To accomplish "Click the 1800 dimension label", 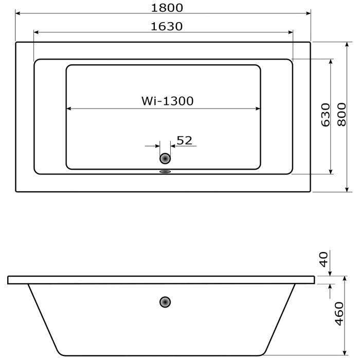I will (x=167, y=7).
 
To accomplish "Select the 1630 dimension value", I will (x=167, y=26).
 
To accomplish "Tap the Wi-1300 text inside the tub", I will (x=168, y=101).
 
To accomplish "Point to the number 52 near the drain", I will (x=184, y=140).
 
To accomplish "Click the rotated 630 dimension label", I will (x=325, y=115).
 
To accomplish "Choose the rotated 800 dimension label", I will (x=341, y=114).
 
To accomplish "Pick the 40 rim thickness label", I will (x=323, y=259).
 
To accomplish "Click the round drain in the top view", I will (x=165, y=159).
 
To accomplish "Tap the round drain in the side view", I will (x=165, y=302).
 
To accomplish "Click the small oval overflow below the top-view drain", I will (x=165, y=172).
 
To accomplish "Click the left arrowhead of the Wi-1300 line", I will (x=69, y=109).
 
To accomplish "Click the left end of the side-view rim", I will (x=9, y=280).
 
